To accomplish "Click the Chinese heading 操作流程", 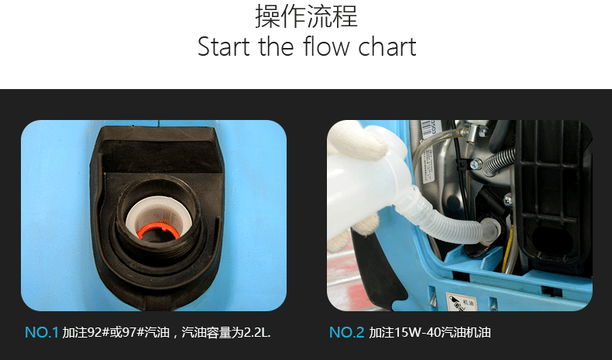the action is point(307,16).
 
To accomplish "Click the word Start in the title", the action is point(224,46).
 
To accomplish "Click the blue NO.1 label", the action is point(41,333).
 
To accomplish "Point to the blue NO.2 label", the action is point(346,333).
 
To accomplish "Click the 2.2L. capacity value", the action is point(257,333).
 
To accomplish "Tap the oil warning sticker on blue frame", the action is point(462,302).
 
